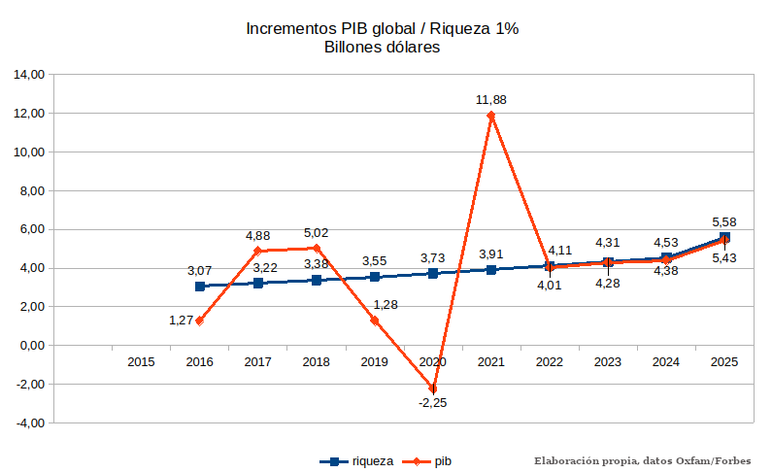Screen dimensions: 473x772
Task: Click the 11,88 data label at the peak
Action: [490, 99]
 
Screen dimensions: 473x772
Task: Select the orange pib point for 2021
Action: [491, 116]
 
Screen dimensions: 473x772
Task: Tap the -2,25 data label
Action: [432, 402]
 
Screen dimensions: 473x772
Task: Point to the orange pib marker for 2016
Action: [200, 321]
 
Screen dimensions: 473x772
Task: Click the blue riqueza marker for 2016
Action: [200, 286]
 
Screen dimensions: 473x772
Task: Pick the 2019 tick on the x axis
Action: [374, 362]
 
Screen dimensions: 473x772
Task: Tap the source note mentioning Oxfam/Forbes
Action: [651, 460]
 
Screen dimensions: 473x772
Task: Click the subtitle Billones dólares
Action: [383, 48]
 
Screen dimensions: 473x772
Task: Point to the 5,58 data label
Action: [724, 222]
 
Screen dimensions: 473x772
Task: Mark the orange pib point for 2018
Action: [317, 248]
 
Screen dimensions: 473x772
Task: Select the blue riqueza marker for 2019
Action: [375, 277]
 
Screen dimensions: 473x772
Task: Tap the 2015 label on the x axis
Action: [141, 362]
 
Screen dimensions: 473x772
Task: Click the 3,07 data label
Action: [199, 269]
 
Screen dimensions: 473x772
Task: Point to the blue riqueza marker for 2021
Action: [491, 269]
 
